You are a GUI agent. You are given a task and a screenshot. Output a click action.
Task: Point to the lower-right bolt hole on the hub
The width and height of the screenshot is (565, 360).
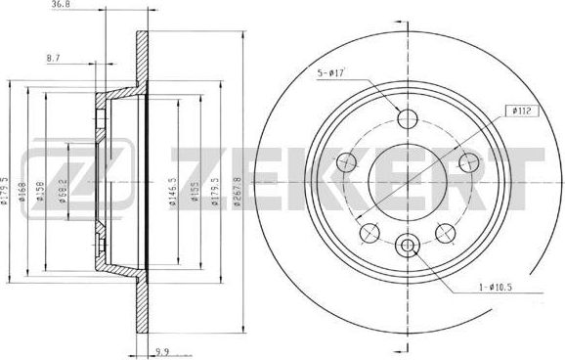click(447, 232)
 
